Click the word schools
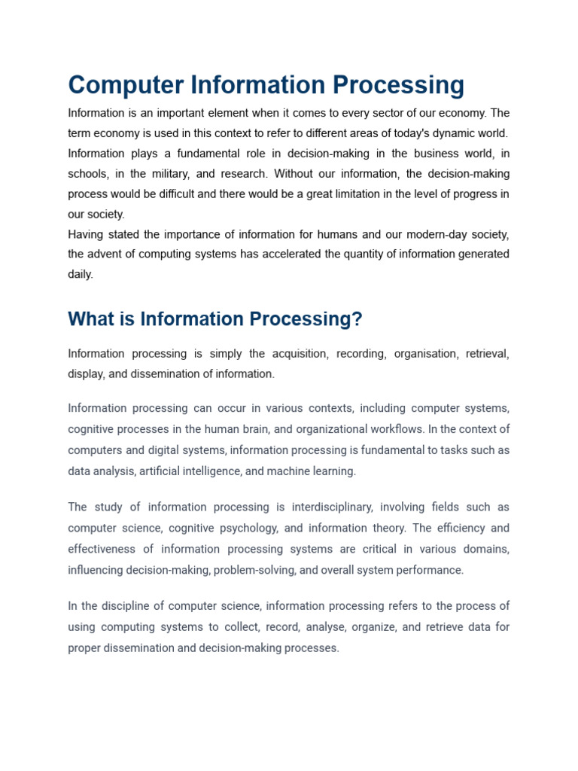[x=87, y=174]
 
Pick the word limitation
[x=357, y=194]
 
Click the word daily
[x=81, y=274]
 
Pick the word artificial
[x=159, y=471]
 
